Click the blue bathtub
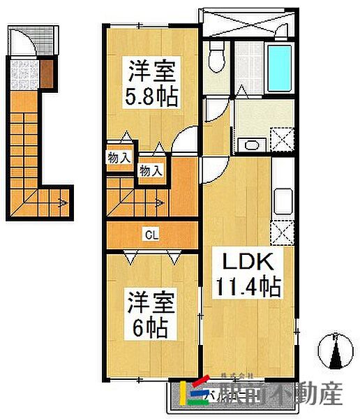280,68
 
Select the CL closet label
150,235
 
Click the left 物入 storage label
119,157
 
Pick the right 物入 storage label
150,169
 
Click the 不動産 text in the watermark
310,395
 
